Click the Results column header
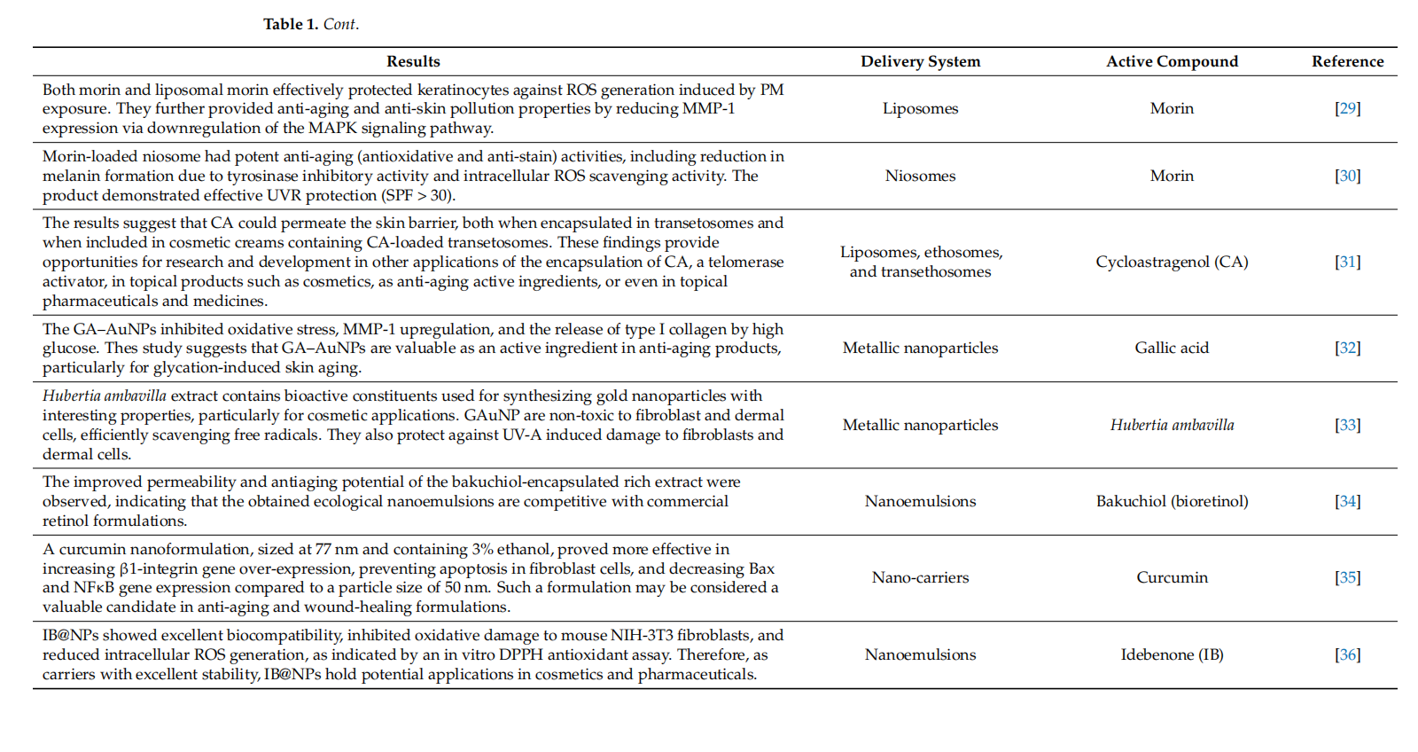tap(413, 61)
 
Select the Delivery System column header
tap(920, 61)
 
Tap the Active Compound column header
tap(1172, 61)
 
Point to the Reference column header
tap(1347, 61)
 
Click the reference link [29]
tap(1347, 108)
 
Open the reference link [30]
tap(1347, 176)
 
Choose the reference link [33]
tap(1347, 425)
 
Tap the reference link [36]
tap(1347, 654)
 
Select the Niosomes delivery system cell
tap(920, 176)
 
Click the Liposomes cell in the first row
tap(920, 108)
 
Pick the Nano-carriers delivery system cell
tap(920, 577)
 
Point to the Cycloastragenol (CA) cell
tap(1172, 262)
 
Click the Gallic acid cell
tap(1172, 348)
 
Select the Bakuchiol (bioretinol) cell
tap(1172, 501)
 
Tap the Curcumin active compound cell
tap(1172, 577)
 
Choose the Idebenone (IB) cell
tap(1172, 654)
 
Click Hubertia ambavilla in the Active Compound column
tap(1172, 425)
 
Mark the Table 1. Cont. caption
tap(311, 24)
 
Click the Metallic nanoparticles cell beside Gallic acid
tap(920, 348)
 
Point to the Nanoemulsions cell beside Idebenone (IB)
tap(920, 654)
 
